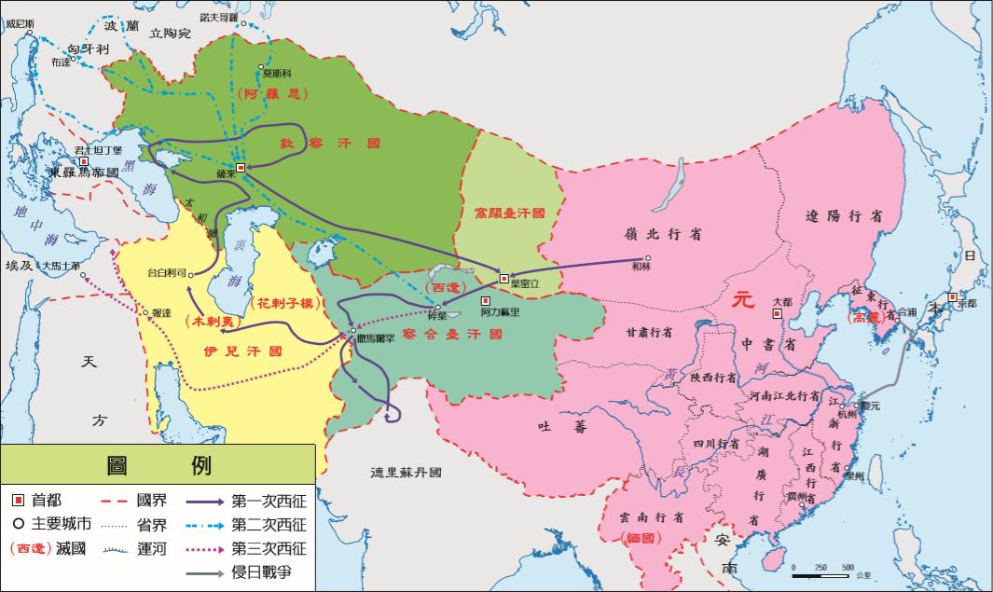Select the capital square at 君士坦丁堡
click(x=84, y=162)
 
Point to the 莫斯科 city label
click(x=278, y=73)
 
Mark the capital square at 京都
click(x=952, y=297)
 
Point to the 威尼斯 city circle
click(x=30, y=34)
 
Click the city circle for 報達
click(x=145, y=312)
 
